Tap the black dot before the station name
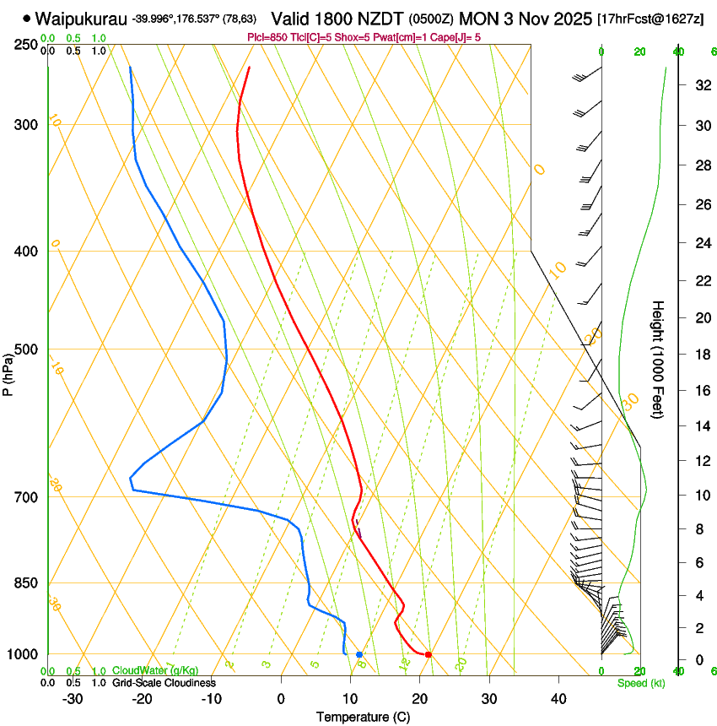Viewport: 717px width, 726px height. point(27,18)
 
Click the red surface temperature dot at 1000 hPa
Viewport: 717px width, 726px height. point(429,654)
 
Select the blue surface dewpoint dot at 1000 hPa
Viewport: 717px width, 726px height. point(359,654)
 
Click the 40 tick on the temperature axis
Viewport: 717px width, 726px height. point(558,699)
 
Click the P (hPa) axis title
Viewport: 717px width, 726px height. point(8,371)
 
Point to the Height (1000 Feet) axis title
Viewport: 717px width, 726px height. point(659,359)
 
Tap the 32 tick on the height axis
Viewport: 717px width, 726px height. point(702,85)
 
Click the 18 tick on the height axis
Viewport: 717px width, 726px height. point(702,355)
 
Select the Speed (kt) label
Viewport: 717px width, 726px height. point(641,683)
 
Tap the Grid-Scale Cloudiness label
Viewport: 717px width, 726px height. point(164,682)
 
